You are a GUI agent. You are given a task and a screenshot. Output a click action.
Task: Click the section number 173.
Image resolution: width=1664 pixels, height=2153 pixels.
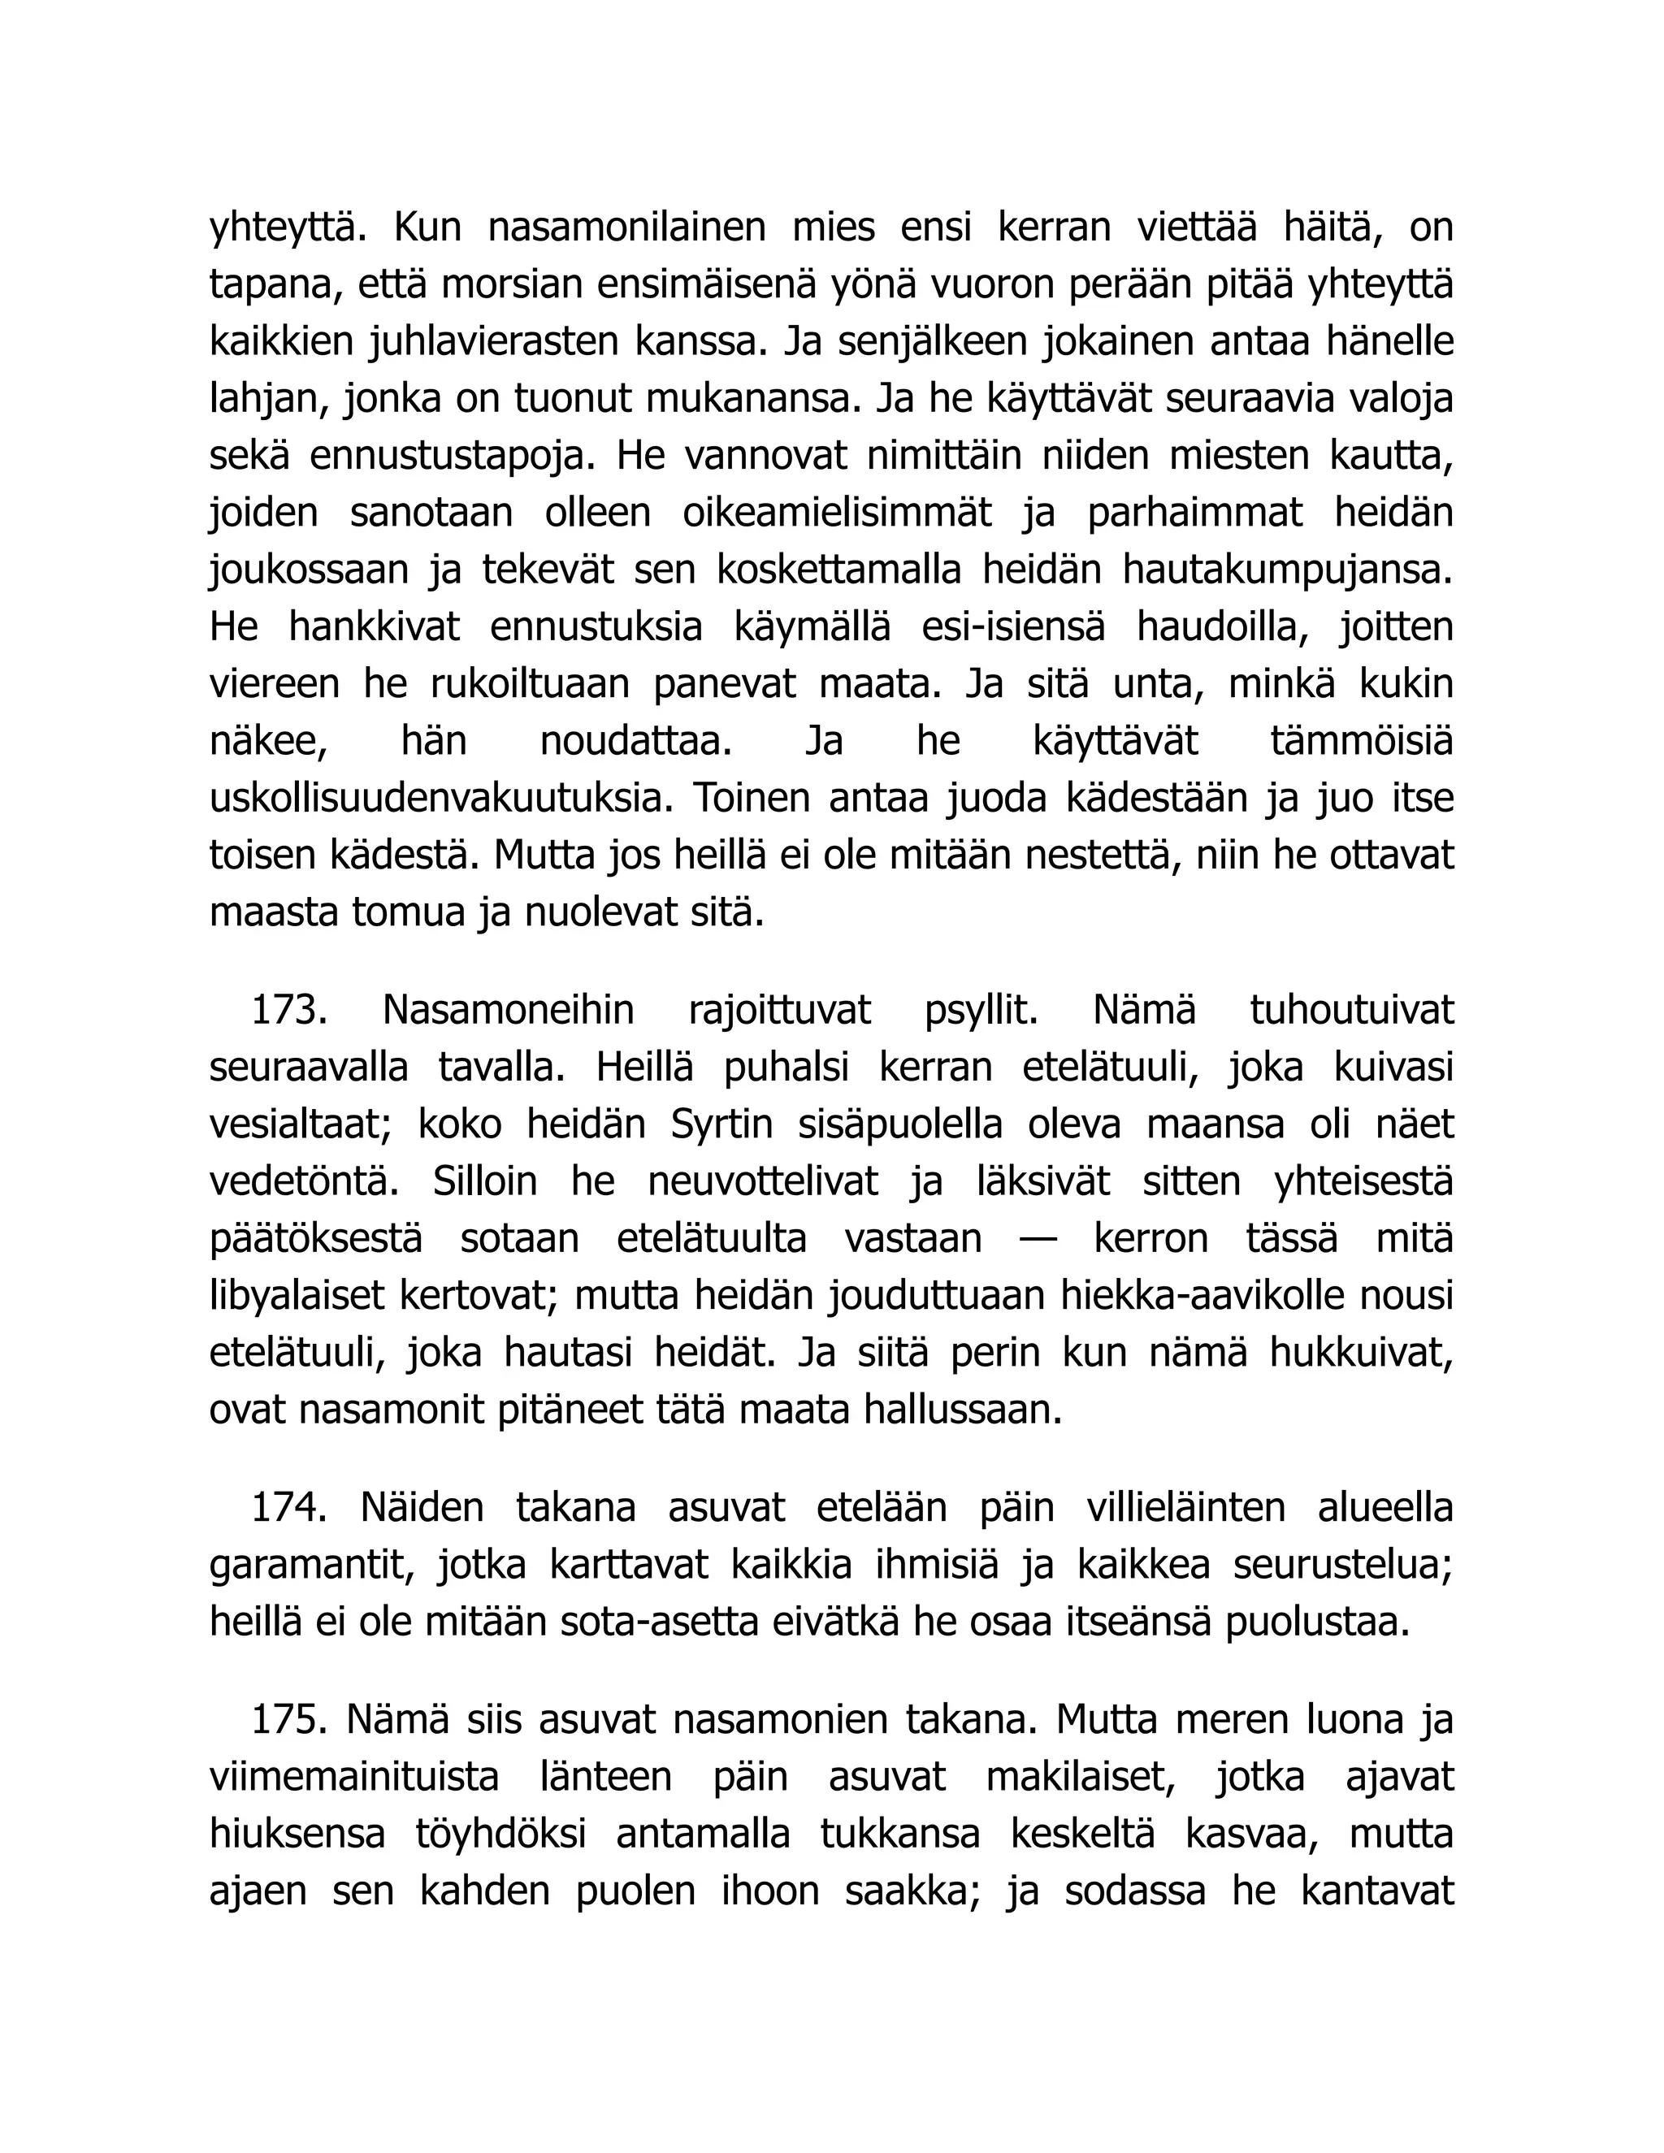click(288, 1011)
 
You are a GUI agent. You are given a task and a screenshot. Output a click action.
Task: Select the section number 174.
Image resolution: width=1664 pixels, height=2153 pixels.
click(288, 1508)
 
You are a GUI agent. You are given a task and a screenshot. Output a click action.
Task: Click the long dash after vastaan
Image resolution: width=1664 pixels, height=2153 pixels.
click(1038, 1239)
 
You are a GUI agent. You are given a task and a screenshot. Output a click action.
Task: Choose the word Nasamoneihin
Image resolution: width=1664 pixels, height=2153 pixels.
click(509, 1011)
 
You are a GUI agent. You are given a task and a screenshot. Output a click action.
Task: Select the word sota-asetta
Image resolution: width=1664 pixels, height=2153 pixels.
click(675, 1622)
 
